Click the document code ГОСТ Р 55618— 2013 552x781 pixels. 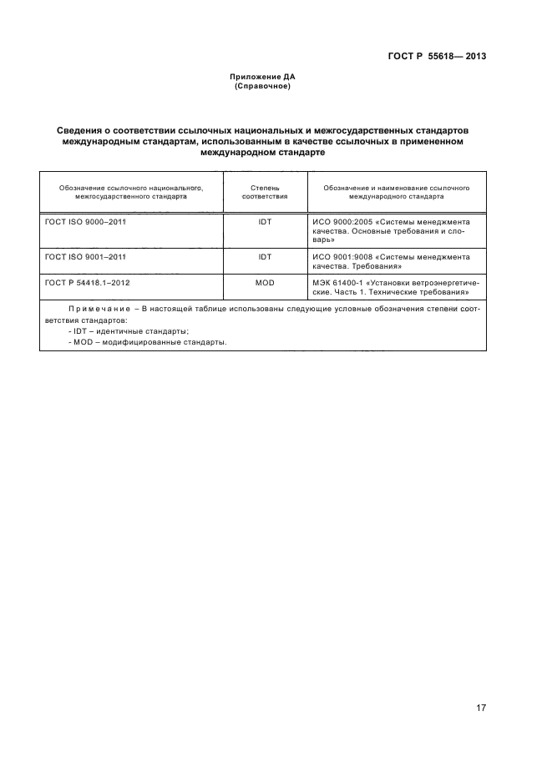click(437, 57)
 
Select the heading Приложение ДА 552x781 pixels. click(262, 78)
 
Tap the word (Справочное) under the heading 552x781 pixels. click(262, 86)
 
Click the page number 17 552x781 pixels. click(481, 708)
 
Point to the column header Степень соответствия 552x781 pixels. click(265, 193)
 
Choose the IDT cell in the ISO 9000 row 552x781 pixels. click(265, 223)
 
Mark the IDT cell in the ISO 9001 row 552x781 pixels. click(265, 257)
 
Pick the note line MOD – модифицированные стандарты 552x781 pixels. click(148, 342)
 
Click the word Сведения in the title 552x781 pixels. click(84, 132)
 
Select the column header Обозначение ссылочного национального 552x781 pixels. click(131, 188)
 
